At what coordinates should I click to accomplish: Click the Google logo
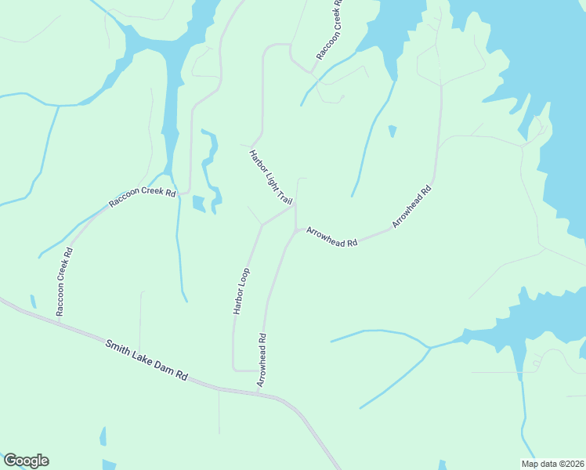pos(26,461)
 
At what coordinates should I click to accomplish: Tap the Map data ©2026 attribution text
pos(553,464)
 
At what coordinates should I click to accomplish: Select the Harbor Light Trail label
pos(270,177)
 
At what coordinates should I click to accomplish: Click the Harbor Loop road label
pos(241,291)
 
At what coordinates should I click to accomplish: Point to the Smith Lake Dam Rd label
pos(147,359)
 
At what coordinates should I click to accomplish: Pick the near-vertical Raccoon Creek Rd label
pos(63,282)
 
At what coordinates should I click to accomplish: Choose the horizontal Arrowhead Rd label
pos(331,237)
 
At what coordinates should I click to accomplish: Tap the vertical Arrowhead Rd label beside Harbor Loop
pos(262,360)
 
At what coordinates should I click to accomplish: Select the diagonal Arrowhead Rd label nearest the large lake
pos(412,207)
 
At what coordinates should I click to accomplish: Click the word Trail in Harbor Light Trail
pos(284,196)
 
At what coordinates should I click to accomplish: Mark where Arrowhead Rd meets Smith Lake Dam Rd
pos(261,392)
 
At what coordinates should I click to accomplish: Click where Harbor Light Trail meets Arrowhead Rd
pos(295,206)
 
